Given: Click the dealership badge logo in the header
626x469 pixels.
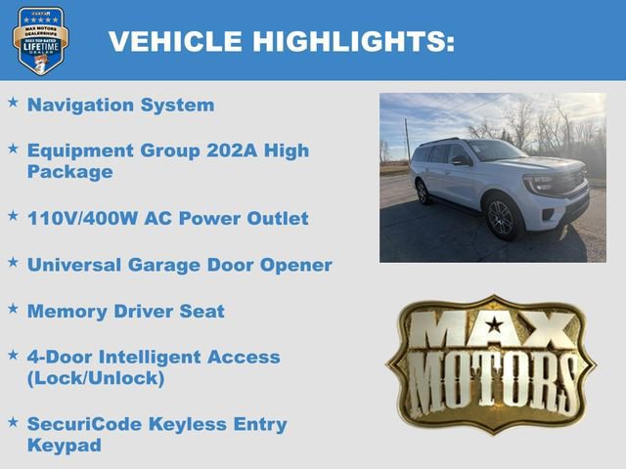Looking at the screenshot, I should coord(39,39).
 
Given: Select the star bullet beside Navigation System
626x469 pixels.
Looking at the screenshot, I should coord(13,103).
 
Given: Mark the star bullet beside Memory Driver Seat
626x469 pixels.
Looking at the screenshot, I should coord(13,309).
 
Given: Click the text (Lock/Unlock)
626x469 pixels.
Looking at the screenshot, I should coord(96,378).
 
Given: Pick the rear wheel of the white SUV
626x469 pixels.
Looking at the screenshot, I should coord(424,192).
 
